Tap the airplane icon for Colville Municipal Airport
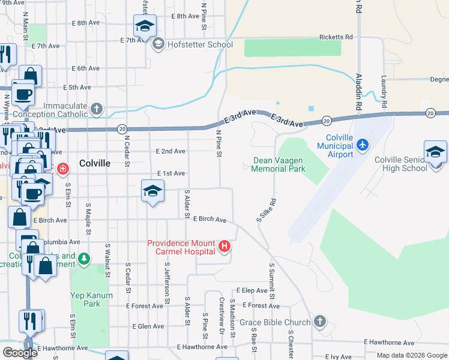coord(362,145)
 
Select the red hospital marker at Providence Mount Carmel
coord(224,246)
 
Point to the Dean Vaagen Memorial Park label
coord(279,164)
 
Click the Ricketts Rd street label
coord(336,37)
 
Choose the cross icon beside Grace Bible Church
coord(320,322)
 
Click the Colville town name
coord(95,163)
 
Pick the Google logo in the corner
coord(20,353)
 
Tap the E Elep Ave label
coord(252,290)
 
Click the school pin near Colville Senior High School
coord(435,152)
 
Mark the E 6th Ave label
coord(85,68)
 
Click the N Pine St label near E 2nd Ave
coord(219,145)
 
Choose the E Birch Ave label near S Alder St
coord(209,220)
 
